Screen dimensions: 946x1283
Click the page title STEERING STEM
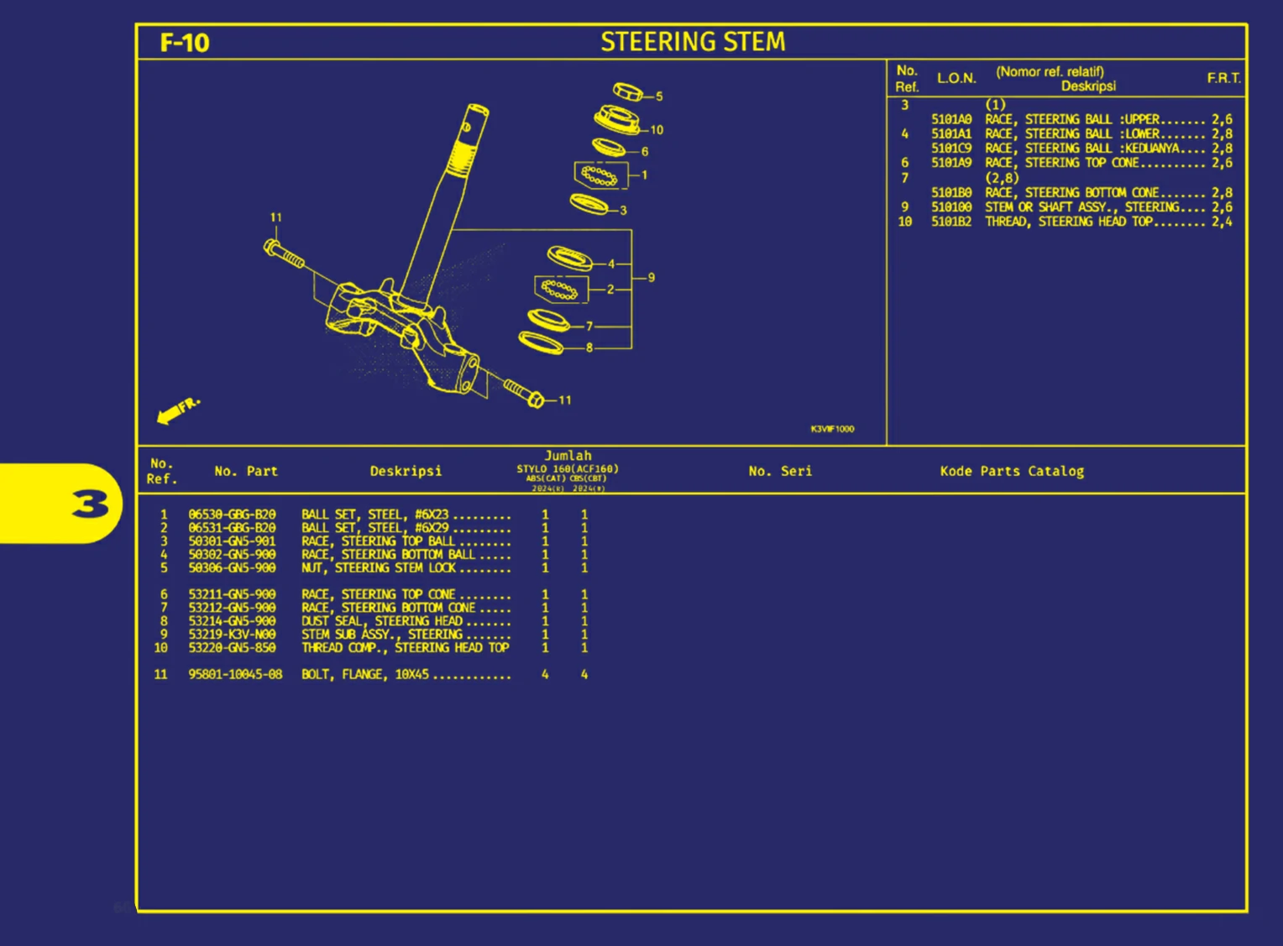pos(693,42)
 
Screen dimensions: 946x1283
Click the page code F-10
pos(184,43)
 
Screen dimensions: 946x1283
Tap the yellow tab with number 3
pos(89,504)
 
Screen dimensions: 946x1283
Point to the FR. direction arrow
pos(177,410)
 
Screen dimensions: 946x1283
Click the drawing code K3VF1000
pos(832,429)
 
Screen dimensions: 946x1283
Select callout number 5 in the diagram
pos(659,97)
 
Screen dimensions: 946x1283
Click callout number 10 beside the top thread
pos(657,130)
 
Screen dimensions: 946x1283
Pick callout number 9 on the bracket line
pos(652,278)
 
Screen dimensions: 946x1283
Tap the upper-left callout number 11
pos(275,217)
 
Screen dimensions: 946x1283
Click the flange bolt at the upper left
pos(284,254)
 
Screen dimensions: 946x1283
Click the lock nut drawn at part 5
pos(627,91)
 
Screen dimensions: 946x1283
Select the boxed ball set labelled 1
pos(600,175)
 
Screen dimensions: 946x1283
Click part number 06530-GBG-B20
pos(232,515)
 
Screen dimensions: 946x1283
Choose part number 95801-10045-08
pos(235,674)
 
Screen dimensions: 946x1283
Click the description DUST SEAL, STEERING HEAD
pos(382,621)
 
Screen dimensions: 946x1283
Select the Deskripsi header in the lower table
pos(406,471)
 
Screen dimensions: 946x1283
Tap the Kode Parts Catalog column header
pos(1012,471)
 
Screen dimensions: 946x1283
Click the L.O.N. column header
pos(956,78)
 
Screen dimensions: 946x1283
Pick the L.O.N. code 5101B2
pos(950,222)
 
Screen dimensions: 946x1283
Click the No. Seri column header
pos(780,471)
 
